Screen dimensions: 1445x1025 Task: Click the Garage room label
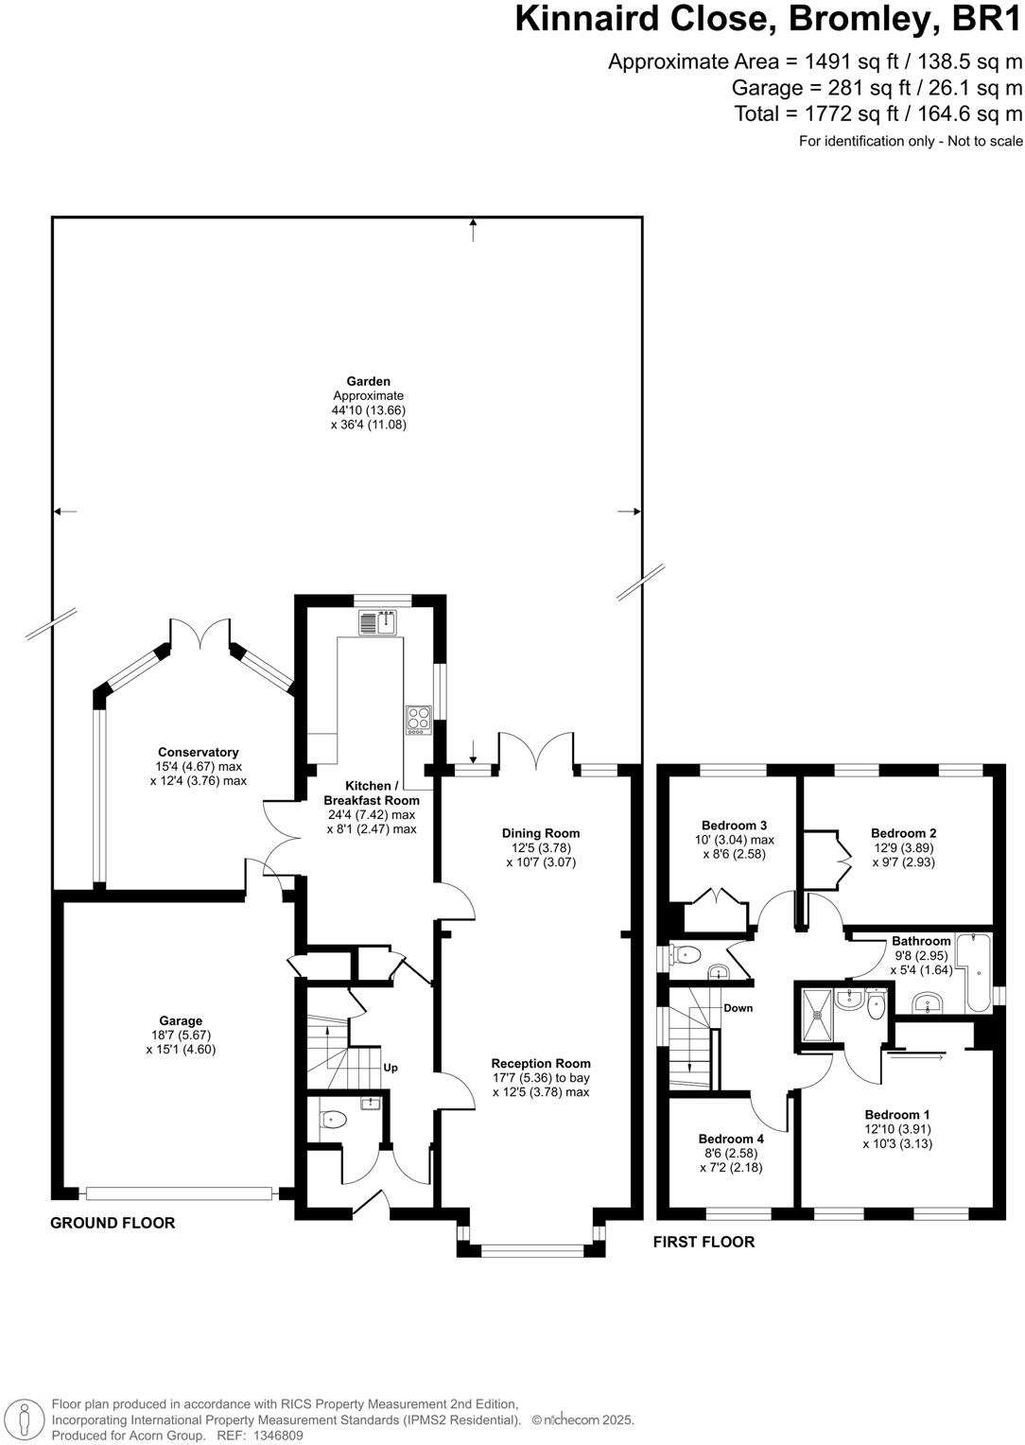181,1020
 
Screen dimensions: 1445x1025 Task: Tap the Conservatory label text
198,753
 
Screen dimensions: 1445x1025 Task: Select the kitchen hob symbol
418,720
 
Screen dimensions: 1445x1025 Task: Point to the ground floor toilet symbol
333,1120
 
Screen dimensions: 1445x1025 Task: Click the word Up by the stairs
390,1068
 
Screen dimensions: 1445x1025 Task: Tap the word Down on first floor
738,1008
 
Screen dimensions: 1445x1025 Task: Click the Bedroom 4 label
731,1139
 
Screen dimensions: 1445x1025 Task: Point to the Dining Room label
541,833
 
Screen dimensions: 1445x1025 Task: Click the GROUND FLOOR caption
113,1223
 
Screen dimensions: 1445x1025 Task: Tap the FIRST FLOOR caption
704,1242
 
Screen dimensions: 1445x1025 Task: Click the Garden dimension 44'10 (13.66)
369,410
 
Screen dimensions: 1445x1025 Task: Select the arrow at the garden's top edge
473,227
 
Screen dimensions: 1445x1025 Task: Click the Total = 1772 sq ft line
878,114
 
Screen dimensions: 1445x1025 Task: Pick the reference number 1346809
275,1436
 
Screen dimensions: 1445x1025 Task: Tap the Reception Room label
541,1063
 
